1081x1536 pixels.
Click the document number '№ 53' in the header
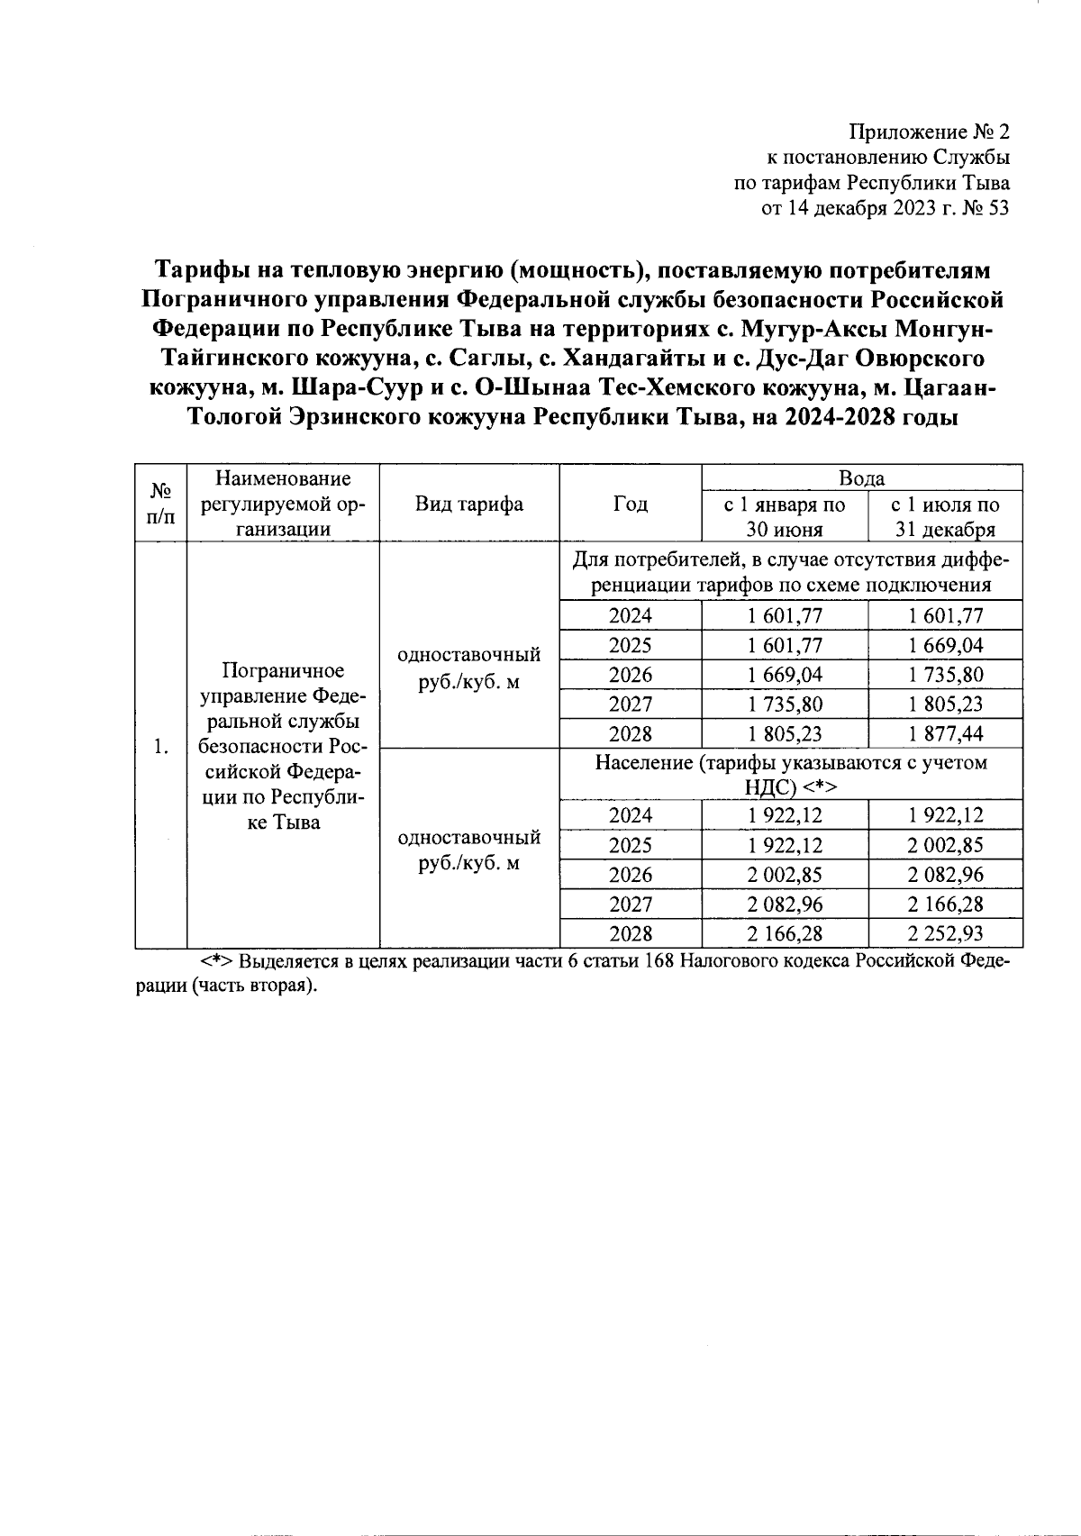click(x=984, y=209)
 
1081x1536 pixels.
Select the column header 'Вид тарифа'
click(x=468, y=504)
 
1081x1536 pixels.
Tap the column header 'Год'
click(x=630, y=504)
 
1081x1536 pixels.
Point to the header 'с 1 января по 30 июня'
click(x=784, y=516)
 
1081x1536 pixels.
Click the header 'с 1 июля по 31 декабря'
click(x=945, y=516)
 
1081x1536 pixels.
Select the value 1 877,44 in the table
click(x=945, y=733)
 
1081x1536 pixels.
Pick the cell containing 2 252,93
click(x=945, y=933)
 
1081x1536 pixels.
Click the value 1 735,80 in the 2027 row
click(x=784, y=704)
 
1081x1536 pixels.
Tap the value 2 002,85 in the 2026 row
click(x=784, y=874)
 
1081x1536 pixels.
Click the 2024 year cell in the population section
click(x=630, y=815)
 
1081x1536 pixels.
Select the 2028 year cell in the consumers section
click(x=630, y=733)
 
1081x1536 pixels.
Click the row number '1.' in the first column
click(x=160, y=746)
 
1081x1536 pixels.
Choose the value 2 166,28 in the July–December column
click(x=945, y=904)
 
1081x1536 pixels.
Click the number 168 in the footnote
click(x=660, y=961)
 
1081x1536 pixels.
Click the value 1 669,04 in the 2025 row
click(x=945, y=645)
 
